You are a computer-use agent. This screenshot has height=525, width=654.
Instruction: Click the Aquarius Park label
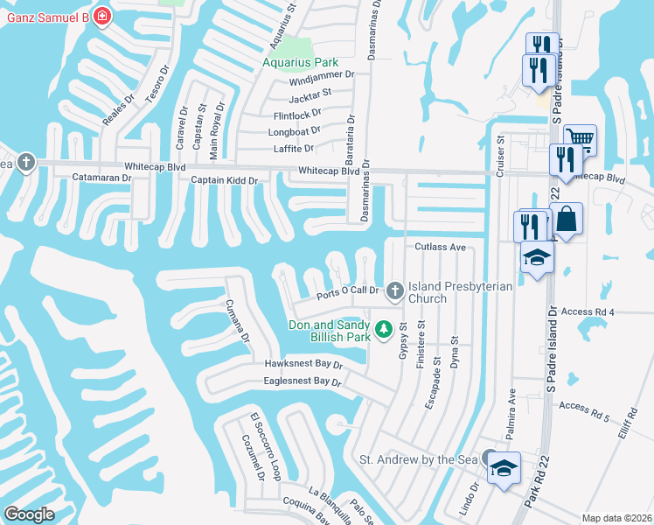point(301,63)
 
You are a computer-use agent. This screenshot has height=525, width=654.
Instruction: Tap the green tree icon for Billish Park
point(383,330)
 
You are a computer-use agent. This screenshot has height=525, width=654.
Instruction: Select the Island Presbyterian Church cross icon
point(395,290)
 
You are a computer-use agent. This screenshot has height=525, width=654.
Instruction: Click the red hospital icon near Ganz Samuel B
point(102,16)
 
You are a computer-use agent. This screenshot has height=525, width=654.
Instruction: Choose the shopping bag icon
point(566,219)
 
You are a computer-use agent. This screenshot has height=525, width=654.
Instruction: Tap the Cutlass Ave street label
point(441,247)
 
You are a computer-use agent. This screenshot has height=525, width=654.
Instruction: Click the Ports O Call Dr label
point(347,291)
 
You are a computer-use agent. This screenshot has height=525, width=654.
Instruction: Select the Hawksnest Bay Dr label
point(303,363)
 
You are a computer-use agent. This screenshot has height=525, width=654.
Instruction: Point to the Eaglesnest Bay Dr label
point(303,381)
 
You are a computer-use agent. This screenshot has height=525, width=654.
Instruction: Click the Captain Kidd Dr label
point(226,180)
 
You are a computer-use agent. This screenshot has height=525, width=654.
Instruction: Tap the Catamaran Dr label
point(101,178)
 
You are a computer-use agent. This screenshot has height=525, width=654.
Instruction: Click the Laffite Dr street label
point(293,149)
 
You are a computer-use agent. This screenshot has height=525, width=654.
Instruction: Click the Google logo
point(29,514)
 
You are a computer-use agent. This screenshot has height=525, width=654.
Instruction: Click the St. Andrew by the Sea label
point(420,459)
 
